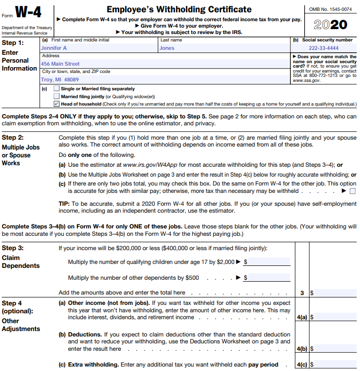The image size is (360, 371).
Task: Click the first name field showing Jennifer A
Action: click(x=54, y=48)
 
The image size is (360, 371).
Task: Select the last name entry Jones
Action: click(x=167, y=48)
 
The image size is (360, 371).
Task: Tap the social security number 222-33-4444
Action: click(x=324, y=48)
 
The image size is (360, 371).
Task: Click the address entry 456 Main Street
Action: click(x=60, y=64)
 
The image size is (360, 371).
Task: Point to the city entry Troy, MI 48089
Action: click(x=60, y=79)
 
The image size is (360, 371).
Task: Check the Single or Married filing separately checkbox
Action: click(x=57, y=89)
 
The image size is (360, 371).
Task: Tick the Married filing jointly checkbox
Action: click(x=57, y=96)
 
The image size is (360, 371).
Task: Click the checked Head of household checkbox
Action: click(x=57, y=104)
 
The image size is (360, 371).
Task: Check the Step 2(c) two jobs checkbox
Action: click(x=352, y=191)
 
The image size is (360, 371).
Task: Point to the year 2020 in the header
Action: click(x=330, y=25)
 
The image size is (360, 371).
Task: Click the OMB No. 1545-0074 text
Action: click(x=330, y=9)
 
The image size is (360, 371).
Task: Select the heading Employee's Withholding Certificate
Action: click(x=179, y=9)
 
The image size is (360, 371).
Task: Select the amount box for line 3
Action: click(x=333, y=293)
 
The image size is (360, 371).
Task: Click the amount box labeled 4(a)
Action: click(x=333, y=318)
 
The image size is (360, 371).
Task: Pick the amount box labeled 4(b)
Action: click(x=333, y=349)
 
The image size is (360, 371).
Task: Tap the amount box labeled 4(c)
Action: click(x=333, y=365)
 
